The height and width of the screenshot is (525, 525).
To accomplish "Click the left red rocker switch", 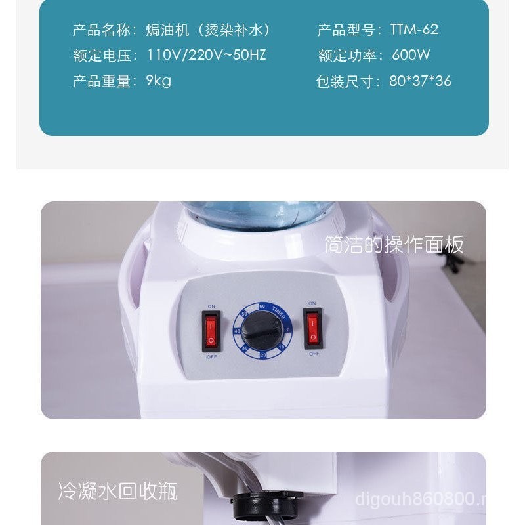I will pyautogui.click(x=211, y=331).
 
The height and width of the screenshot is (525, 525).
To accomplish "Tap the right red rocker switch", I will pyautogui.click(x=312, y=328).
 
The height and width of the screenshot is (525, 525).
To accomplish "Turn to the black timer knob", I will pyautogui.click(x=261, y=332).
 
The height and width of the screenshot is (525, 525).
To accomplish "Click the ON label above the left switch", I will pyautogui.click(x=211, y=306).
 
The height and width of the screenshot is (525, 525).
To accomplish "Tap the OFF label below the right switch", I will pyautogui.click(x=314, y=353).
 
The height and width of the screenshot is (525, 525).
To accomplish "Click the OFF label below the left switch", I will pyautogui.click(x=211, y=356).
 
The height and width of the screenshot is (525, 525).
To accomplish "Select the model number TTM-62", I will pyautogui.click(x=414, y=30).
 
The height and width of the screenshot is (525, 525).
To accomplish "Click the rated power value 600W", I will pyautogui.click(x=411, y=55).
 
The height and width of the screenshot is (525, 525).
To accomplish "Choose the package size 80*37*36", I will pyautogui.click(x=420, y=81).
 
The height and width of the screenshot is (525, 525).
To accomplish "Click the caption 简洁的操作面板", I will pyautogui.click(x=394, y=245).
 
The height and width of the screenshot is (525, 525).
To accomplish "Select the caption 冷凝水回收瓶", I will pyautogui.click(x=117, y=491).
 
